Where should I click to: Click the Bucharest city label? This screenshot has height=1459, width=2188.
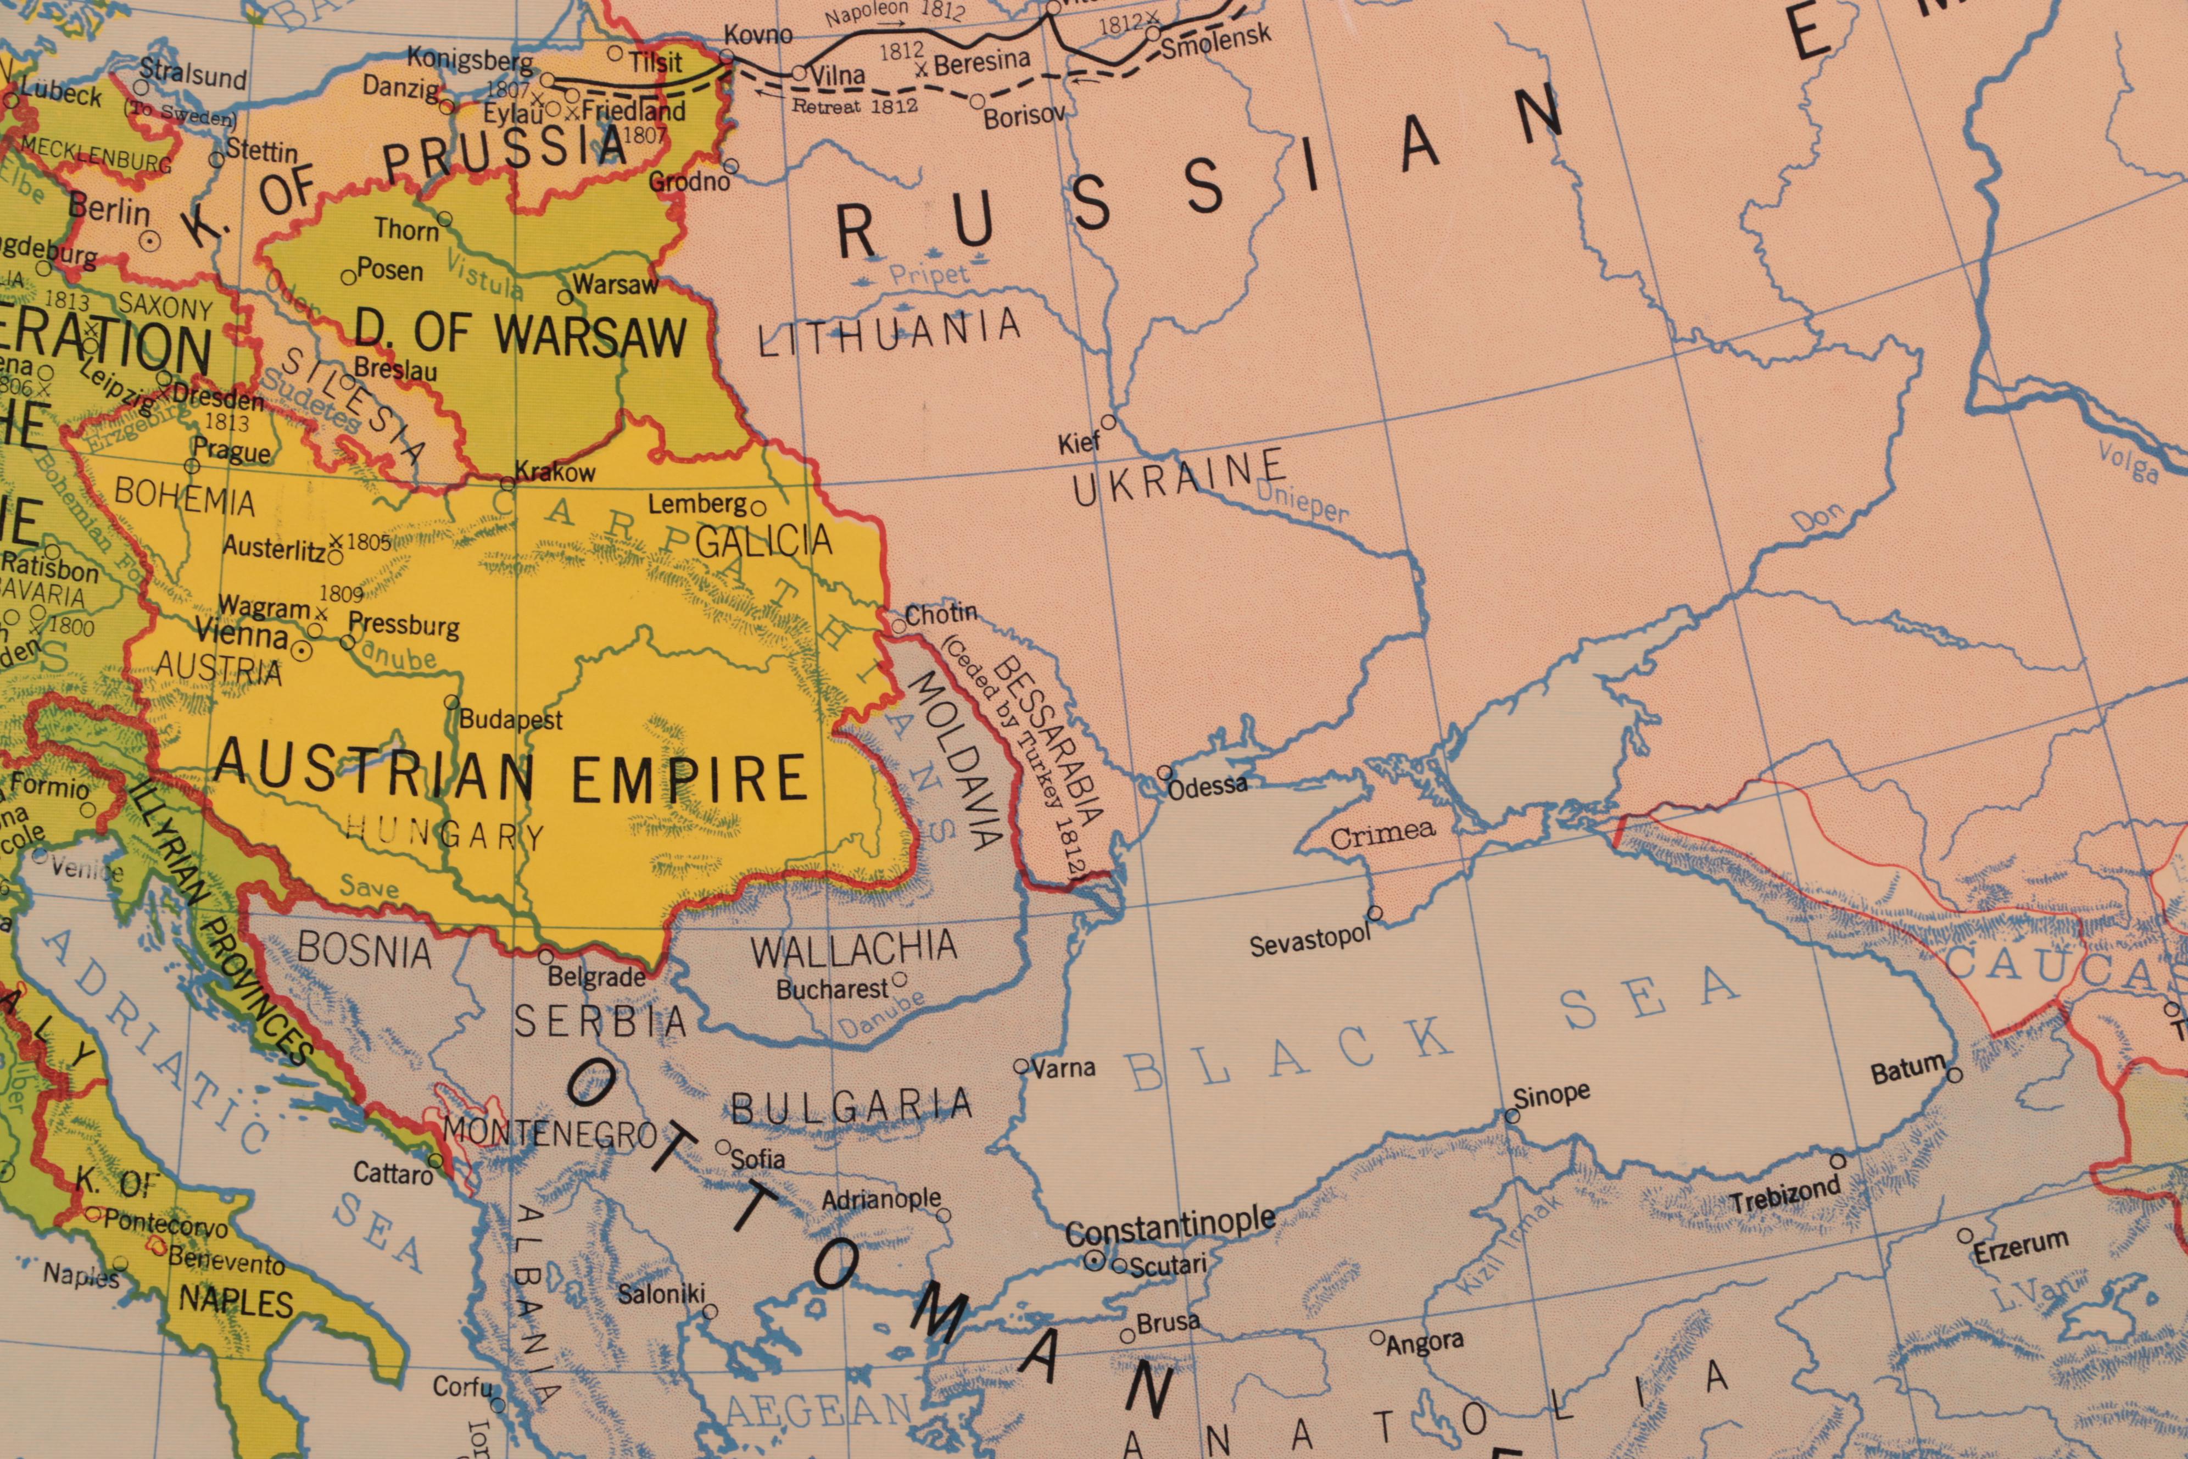click(x=831, y=989)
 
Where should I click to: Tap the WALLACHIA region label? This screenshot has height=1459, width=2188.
click(x=853, y=949)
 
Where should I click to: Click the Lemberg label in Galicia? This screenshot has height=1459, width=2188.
click(x=697, y=504)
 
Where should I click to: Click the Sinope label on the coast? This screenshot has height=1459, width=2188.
click(x=1551, y=1094)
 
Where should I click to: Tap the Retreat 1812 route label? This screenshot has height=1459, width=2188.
click(x=854, y=105)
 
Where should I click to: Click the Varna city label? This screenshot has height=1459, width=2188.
click(x=1063, y=1068)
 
